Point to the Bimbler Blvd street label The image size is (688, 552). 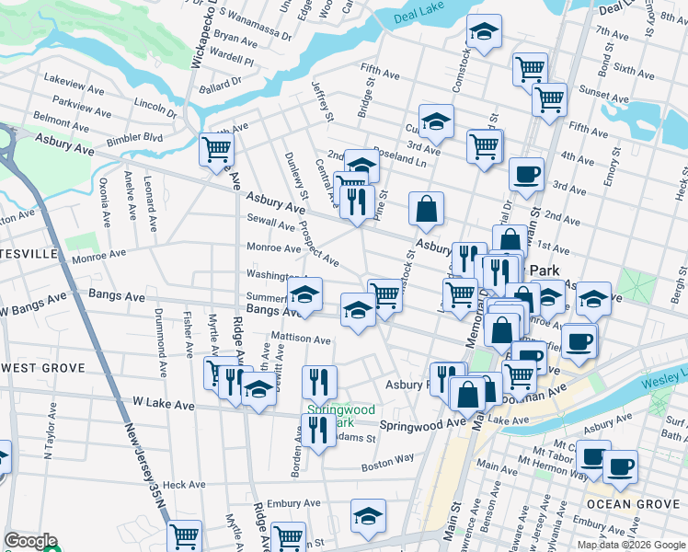click(133, 138)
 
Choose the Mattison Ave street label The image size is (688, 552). click(300, 339)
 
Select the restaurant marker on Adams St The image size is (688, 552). click(318, 430)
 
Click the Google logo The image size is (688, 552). click(29, 541)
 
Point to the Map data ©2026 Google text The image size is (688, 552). click(630, 545)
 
